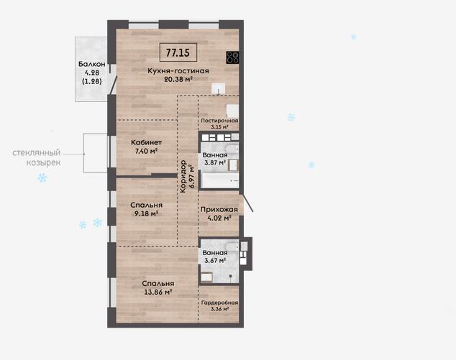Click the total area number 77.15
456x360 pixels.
tap(178, 52)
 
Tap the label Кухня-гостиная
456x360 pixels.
tap(178, 70)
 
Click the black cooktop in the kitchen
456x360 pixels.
tap(232, 57)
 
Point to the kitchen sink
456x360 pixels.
tap(219, 88)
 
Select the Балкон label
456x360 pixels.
tap(91, 64)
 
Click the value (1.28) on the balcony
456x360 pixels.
tap(92, 81)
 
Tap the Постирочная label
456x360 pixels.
tap(219, 121)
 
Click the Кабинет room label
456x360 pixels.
tap(146, 142)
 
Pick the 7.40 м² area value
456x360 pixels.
tap(146, 151)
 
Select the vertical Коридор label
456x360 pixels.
tap(183, 176)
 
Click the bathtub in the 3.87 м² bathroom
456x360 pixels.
tap(220, 181)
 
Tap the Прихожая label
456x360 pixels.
tap(219, 209)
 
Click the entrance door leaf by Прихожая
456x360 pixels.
tap(247, 203)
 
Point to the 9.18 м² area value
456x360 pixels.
tap(146, 213)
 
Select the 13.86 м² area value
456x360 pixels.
tap(159, 292)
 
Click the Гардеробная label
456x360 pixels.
tap(219, 303)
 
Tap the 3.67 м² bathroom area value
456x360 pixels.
tap(215, 260)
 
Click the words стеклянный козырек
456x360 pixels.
tap(37, 157)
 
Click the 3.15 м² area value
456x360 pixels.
tap(219, 127)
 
